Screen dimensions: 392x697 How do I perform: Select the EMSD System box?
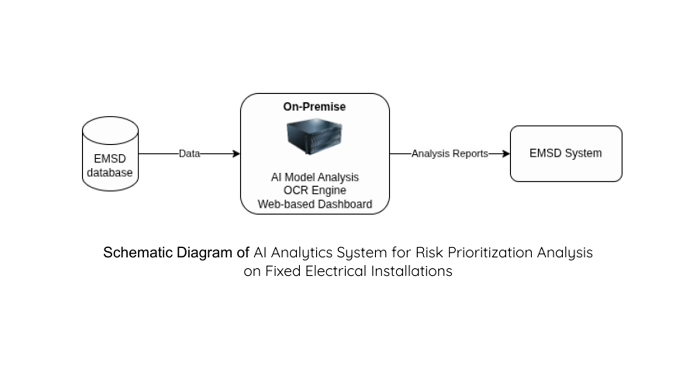coord(566,154)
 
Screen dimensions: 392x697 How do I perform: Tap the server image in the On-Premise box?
coord(315,138)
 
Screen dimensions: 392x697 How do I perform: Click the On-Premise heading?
coord(314,107)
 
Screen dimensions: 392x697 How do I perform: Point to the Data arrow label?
coord(189,154)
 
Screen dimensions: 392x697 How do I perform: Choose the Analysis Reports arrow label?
coord(449,154)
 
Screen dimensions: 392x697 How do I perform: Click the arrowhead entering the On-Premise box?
coord(236,154)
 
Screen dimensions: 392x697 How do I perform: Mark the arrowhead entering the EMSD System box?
coord(506,154)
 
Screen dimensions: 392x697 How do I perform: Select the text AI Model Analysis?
coord(315,177)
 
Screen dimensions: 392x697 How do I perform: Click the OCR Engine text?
coord(315,191)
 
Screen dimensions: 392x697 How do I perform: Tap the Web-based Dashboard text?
coord(315,205)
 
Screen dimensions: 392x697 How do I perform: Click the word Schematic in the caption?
coord(138,253)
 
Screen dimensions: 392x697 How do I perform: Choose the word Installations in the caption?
coord(412,271)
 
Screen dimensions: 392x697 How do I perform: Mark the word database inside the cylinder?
coord(111,173)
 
